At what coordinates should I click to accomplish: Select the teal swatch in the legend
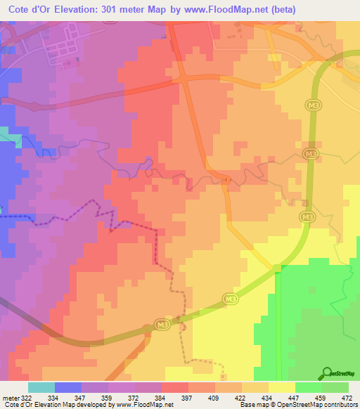coord(41,387)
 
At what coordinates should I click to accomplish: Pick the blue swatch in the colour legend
coord(68,387)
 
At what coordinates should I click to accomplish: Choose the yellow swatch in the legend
coord(281,387)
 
